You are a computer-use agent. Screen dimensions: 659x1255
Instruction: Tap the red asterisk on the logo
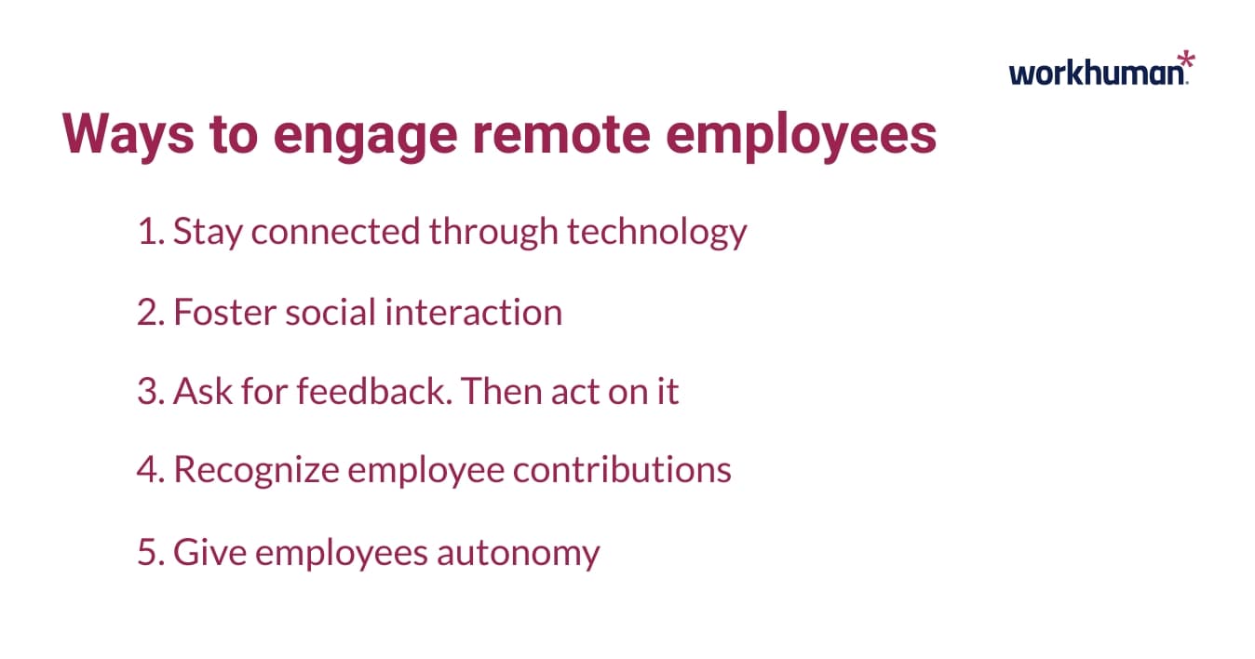pos(1184,63)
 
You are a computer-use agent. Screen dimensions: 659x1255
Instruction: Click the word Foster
pos(223,312)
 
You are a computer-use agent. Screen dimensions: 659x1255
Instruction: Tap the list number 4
pos(149,470)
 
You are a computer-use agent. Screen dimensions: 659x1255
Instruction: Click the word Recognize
pos(255,471)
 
